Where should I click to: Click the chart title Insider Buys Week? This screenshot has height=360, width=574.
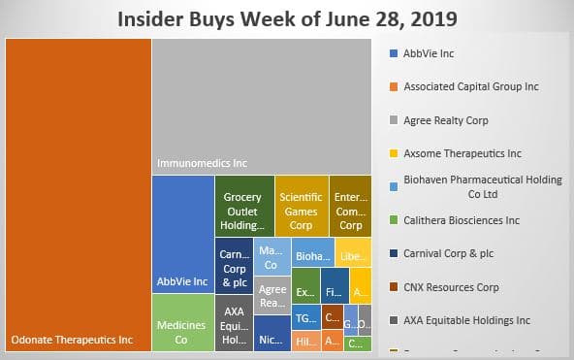click(x=287, y=18)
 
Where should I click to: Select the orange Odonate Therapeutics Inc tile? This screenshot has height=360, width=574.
click(x=78, y=194)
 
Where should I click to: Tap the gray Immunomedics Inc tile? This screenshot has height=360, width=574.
click(x=262, y=107)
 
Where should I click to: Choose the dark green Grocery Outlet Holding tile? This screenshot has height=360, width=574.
click(x=242, y=206)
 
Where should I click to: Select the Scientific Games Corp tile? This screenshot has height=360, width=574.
click(x=301, y=206)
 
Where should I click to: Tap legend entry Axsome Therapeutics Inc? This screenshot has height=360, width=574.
click(x=462, y=153)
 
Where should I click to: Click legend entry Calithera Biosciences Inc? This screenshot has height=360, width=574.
click(x=464, y=219)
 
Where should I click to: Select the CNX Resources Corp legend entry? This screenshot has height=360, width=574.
click(x=451, y=286)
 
